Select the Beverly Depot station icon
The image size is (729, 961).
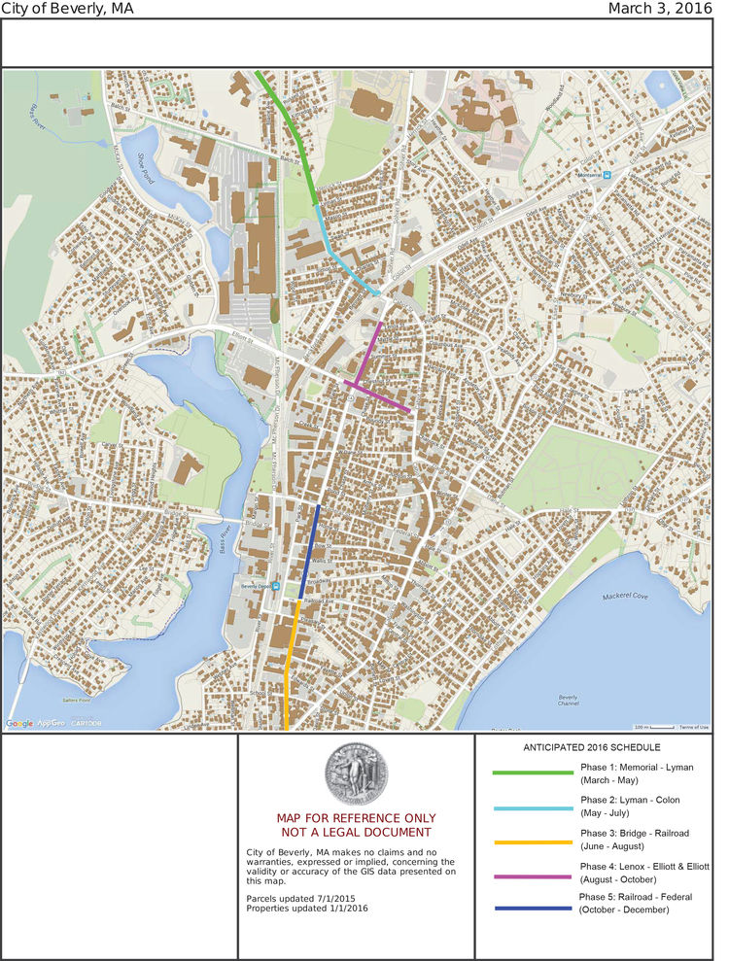[276, 587]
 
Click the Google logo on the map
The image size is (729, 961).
[18, 723]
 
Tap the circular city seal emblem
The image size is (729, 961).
[356, 773]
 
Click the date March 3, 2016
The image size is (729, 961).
[660, 9]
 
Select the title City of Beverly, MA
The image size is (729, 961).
[67, 9]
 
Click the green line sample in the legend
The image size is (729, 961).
[533, 772]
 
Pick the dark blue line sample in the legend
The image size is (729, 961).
[533, 908]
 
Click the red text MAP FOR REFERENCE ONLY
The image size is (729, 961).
[356, 818]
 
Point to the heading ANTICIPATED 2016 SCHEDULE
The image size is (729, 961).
[592, 747]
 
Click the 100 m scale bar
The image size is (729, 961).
[654, 726]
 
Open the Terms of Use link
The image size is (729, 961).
[694, 727]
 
